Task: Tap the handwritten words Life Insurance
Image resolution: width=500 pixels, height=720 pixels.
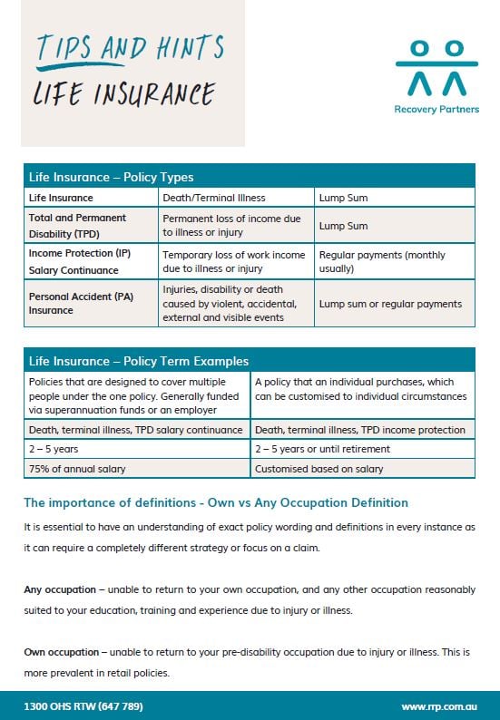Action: (124, 93)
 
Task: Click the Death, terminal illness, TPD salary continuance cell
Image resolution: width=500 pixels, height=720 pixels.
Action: (136, 430)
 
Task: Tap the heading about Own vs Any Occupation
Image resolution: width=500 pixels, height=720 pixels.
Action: (216, 502)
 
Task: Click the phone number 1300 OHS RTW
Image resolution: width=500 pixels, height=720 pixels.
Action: (83, 706)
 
